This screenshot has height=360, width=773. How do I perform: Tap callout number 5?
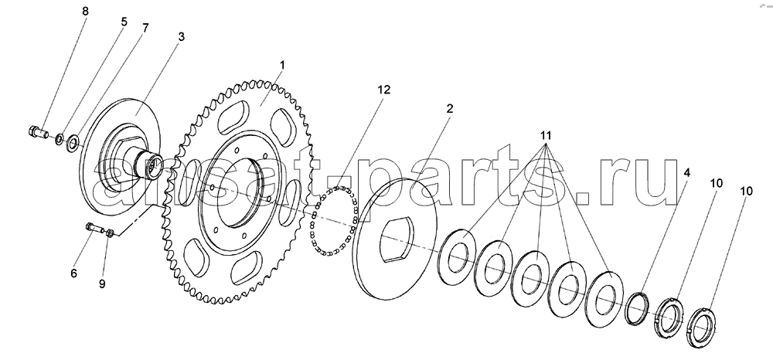point(122,22)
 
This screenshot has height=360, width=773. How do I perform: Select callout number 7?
point(145,28)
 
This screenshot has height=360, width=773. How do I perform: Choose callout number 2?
point(448,110)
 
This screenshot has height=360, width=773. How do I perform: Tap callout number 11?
point(546,136)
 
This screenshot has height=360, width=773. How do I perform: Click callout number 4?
point(687,175)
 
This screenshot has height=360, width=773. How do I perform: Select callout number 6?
point(74,273)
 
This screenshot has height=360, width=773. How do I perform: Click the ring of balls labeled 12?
point(331,219)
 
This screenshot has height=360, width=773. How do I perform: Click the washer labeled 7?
point(72,141)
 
